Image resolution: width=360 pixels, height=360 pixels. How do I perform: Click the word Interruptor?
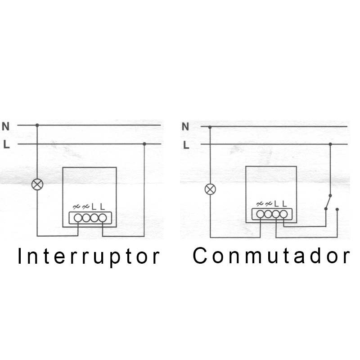point(89,256)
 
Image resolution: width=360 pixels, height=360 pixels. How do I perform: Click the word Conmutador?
point(271,256)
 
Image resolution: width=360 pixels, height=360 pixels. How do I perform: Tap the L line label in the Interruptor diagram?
point(6,144)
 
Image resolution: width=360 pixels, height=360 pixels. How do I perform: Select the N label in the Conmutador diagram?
point(185,126)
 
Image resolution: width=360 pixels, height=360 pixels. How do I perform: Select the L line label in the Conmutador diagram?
point(185,145)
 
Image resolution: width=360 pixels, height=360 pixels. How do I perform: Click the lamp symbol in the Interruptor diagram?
point(37,184)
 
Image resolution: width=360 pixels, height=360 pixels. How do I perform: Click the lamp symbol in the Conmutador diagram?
point(210,189)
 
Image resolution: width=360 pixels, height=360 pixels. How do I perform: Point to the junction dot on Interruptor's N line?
point(37,125)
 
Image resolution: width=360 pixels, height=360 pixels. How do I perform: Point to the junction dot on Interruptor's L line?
point(144,144)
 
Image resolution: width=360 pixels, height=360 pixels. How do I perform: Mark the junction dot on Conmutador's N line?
point(210,127)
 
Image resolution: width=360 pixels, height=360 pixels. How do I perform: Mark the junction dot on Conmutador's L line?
point(330,144)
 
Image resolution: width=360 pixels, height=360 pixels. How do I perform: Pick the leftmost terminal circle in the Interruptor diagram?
point(78,218)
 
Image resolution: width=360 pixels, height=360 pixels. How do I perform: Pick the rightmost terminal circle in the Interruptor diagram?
point(103,218)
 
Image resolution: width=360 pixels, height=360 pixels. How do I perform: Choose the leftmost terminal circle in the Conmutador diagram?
point(261,214)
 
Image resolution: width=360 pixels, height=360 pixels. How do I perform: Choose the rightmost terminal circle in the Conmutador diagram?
point(283,214)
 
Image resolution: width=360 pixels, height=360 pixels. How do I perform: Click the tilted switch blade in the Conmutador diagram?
point(328,202)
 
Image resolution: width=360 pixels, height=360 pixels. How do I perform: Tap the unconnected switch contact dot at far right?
point(337,209)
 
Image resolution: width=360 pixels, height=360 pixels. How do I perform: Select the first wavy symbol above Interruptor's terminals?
point(76,207)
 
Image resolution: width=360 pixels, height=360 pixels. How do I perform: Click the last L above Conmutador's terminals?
point(284,204)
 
